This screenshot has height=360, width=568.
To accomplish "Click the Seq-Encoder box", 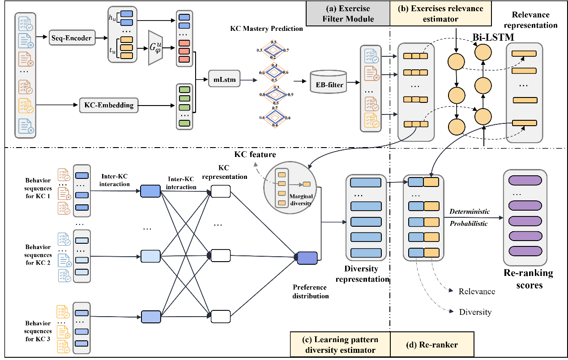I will point(72,38).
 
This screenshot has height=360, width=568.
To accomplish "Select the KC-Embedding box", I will point(109,105).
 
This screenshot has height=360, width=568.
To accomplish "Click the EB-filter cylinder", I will point(328,82).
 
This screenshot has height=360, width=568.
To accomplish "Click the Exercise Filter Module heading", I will point(348,13).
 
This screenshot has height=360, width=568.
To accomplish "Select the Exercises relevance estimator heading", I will point(440,13).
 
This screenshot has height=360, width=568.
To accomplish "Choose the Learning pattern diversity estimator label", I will point(340,344).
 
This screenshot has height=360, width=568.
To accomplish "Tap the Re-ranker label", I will point(431,344).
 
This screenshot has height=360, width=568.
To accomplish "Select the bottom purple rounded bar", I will point(525,251).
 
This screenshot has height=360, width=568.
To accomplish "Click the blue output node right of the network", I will point(307,258).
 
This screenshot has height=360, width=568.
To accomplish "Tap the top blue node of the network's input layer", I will point(150,191).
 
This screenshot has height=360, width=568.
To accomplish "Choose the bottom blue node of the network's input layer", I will point(151,317).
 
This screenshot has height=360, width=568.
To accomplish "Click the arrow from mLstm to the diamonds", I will point(248,80).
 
